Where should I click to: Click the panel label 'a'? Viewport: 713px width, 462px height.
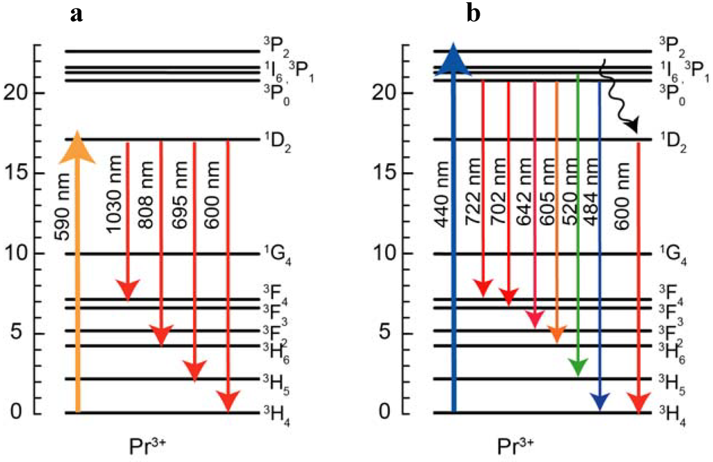(x=77, y=14)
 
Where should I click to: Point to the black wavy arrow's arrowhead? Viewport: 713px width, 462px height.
(x=632, y=127)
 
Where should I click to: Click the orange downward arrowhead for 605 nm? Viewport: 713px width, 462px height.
(x=556, y=334)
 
